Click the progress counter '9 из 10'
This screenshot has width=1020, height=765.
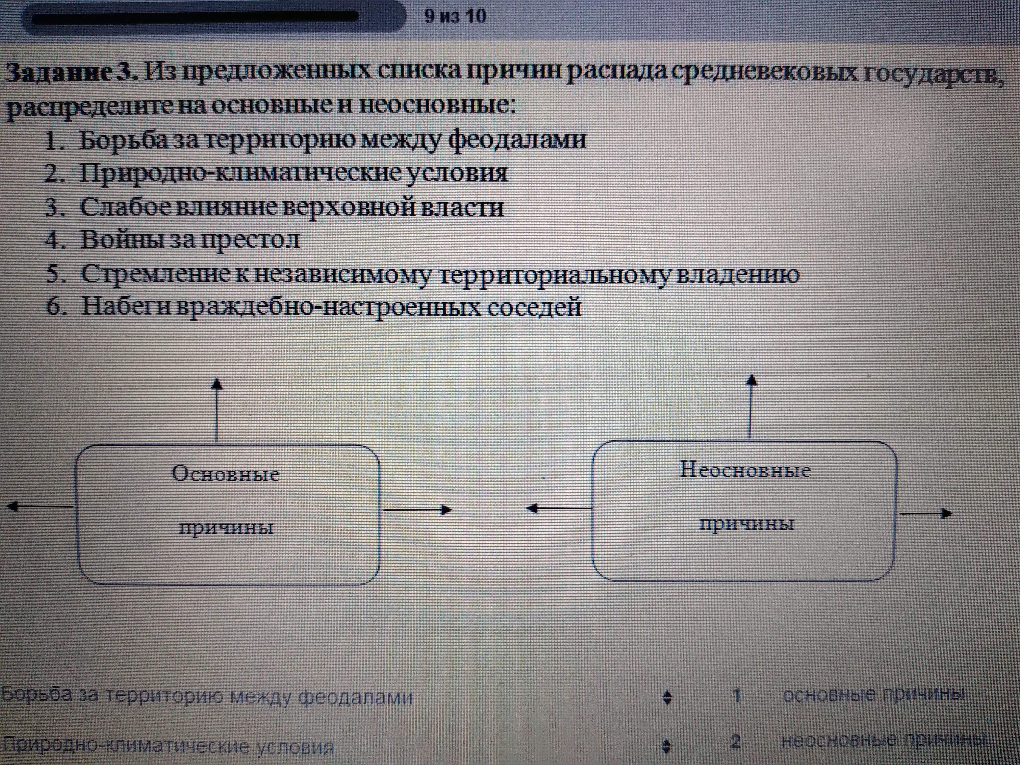(455, 17)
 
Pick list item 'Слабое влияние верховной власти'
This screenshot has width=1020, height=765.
(292, 207)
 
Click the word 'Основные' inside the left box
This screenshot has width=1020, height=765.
(226, 473)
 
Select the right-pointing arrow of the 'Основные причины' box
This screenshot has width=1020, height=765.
(417, 510)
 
